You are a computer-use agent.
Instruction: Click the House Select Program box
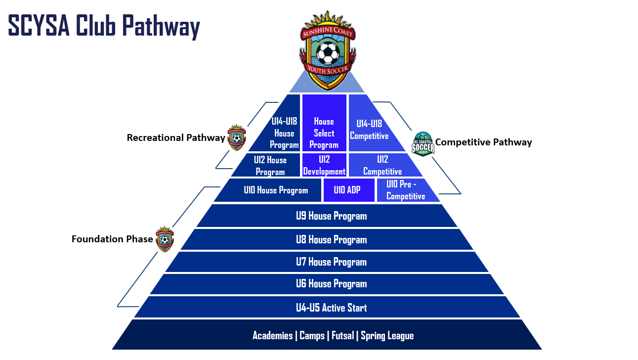324,133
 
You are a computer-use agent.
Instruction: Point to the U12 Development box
324,165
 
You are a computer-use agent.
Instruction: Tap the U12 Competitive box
383,165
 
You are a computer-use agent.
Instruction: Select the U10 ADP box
347,190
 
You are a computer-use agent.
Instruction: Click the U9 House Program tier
331,216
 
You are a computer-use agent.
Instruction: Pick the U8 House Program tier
331,239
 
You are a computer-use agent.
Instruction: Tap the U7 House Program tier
331,262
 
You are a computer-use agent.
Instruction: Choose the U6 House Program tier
331,284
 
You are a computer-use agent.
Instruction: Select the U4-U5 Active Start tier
331,308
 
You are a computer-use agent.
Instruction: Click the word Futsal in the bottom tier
342,335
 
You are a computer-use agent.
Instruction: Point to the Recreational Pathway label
176,138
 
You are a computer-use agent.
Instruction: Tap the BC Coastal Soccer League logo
423,144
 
